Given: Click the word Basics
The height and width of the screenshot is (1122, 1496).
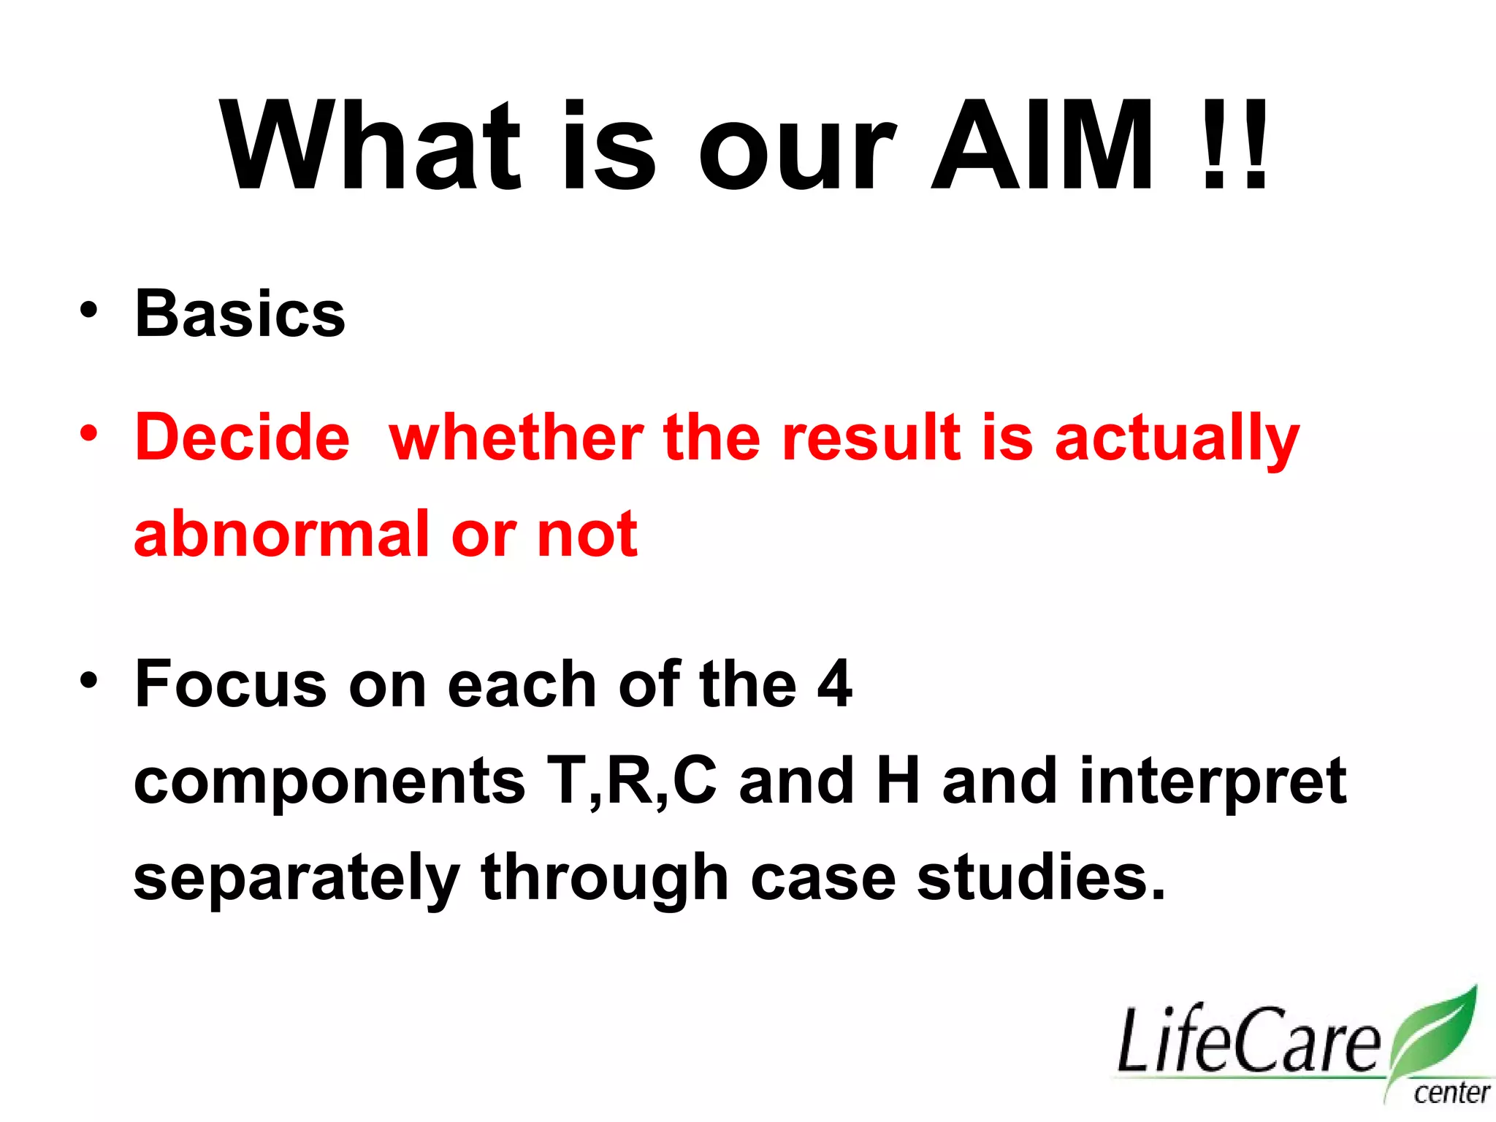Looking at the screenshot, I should coord(240,314).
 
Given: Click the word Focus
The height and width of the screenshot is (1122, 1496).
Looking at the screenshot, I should coord(230,684).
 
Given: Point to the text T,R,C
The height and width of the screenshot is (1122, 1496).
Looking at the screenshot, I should coord(632,780).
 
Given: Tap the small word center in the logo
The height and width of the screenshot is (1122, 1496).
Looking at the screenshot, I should coord(1451,1094).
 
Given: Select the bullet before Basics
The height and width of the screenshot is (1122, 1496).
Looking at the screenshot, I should coord(89,310).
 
